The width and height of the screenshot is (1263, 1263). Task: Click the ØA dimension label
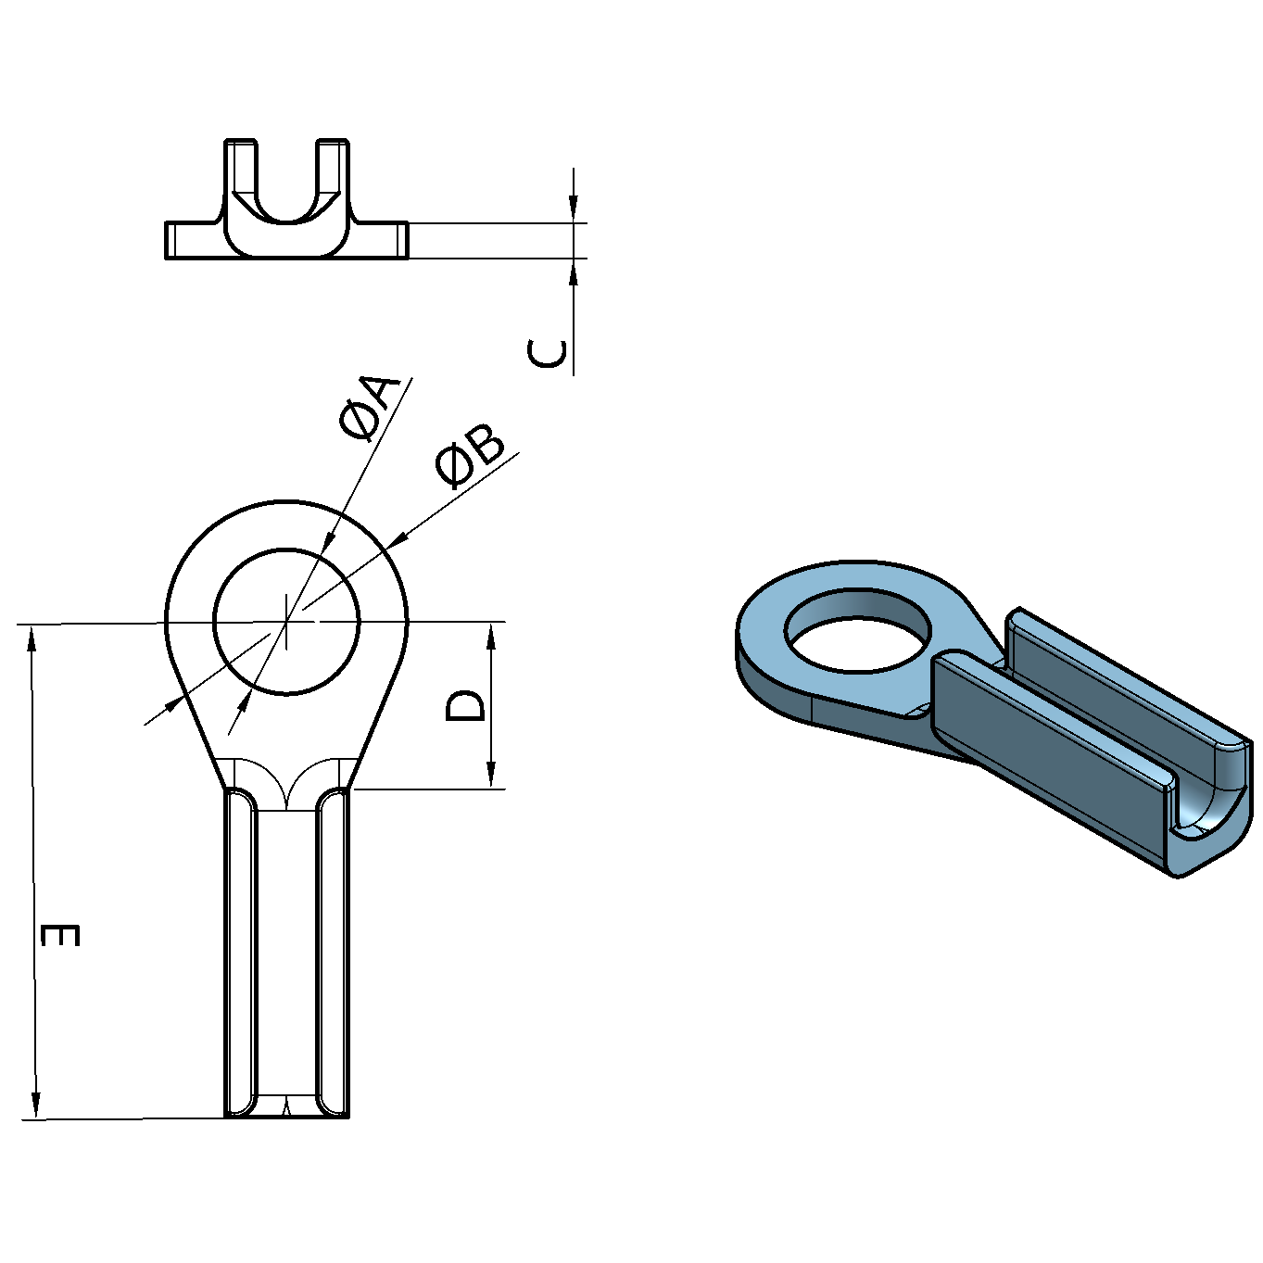(x=370, y=407)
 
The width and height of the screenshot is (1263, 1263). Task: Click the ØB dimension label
(x=471, y=457)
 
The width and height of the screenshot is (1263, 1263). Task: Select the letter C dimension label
(x=548, y=353)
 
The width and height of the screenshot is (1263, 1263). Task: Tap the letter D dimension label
(x=464, y=705)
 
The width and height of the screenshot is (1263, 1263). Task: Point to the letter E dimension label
(x=61, y=934)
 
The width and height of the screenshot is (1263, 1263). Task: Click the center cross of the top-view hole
(x=287, y=621)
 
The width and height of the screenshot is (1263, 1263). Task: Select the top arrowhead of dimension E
(x=32, y=639)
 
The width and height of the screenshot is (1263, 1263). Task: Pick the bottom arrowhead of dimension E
(x=36, y=1105)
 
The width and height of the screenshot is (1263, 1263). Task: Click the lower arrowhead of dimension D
(x=491, y=775)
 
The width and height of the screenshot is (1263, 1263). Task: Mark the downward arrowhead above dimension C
(x=575, y=208)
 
